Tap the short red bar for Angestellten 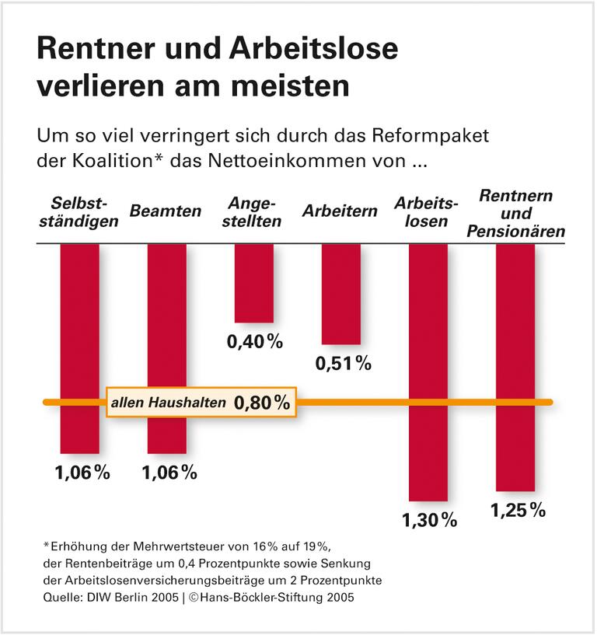tap(254, 282)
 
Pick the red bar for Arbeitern tap(341, 293)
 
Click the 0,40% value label tap(254, 342)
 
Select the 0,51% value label tap(343, 363)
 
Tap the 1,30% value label tap(429, 521)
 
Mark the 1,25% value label tap(517, 511)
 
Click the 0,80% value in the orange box tap(261, 403)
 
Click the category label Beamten tap(166, 211)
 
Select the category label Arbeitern tap(340, 211)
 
